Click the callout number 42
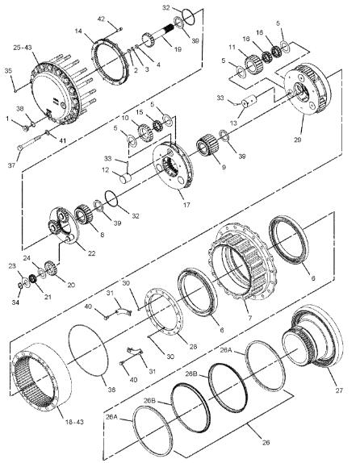102,18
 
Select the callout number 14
79,32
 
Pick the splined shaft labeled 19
154,40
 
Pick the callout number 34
15,302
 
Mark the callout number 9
212,169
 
